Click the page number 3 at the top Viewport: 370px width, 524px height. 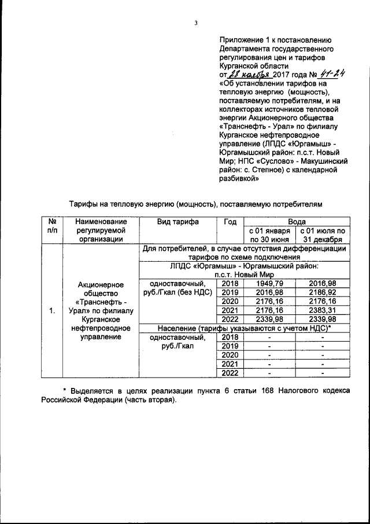pyautogui.click(x=196, y=23)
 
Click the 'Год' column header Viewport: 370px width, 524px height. pyautogui.click(x=230, y=222)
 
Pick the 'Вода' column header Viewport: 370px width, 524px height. pyautogui.click(x=296, y=222)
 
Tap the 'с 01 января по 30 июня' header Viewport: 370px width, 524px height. pyautogui.click(x=269, y=234)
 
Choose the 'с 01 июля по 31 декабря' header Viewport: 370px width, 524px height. pyautogui.click(x=323, y=234)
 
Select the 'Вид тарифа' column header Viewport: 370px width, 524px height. pyautogui.click(x=178, y=222)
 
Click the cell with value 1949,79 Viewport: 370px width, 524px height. pyautogui.click(x=269, y=284)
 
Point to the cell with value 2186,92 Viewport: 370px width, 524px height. pyautogui.click(x=323, y=293)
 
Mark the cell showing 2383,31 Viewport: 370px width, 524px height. pyautogui.click(x=323, y=311)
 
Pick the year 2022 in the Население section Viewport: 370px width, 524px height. pyautogui.click(x=230, y=373)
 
